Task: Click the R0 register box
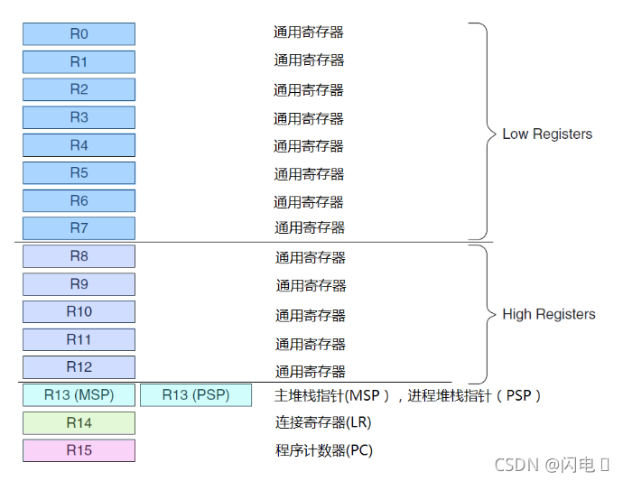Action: point(79,34)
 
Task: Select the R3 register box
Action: point(79,117)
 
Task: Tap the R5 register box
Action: point(79,172)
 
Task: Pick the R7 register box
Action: point(79,227)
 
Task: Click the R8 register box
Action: point(79,256)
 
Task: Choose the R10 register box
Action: point(79,311)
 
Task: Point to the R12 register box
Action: point(79,367)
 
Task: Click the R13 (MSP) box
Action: point(79,395)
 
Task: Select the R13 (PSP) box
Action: point(196,395)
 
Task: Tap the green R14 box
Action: point(79,422)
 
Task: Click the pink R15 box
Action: point(79,450)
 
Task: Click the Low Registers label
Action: point(547,134)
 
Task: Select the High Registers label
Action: point(549,314)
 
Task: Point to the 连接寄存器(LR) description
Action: point(323,422)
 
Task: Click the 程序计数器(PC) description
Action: point(324,450)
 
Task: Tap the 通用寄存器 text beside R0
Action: point(309,32)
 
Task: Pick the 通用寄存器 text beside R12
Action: point(311,371)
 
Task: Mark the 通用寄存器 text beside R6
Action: point(309,202)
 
